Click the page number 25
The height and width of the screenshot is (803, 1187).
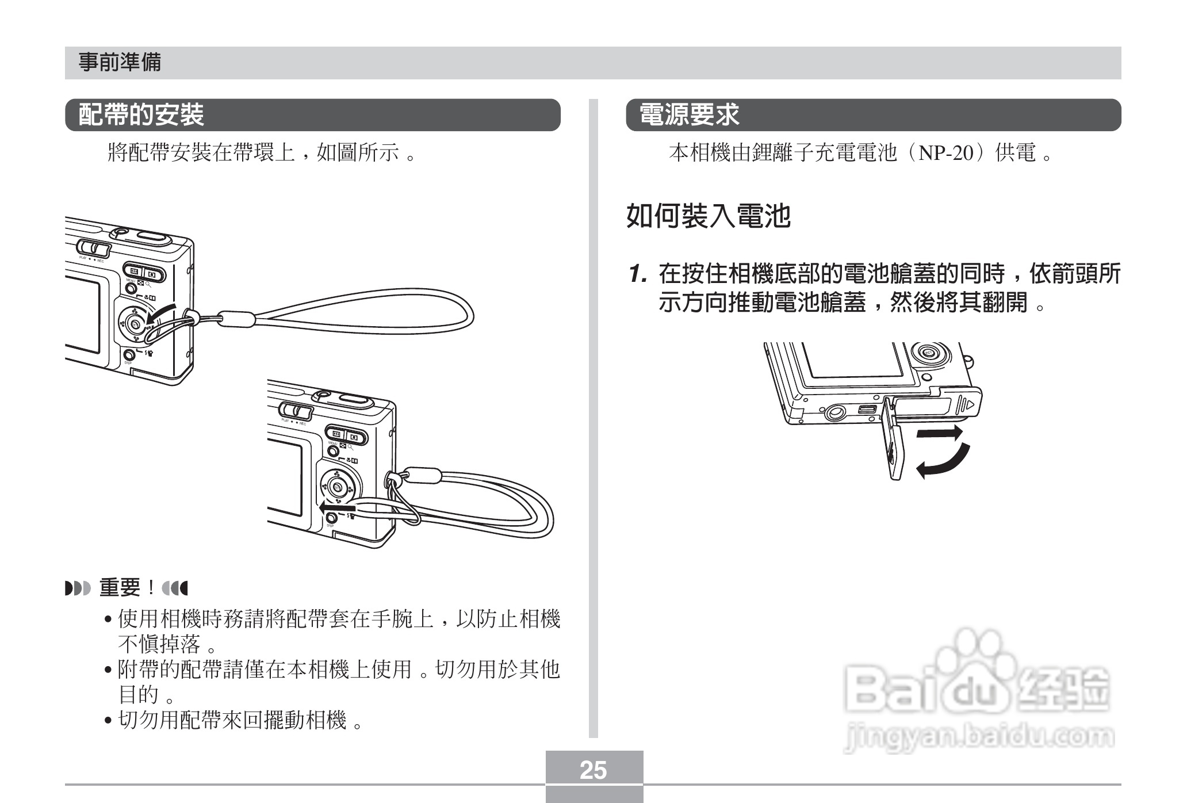click(x=593, y=770)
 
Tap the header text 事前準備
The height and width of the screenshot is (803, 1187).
click(x=120, y=62)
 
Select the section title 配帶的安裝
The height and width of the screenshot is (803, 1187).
click(x=141, y=115)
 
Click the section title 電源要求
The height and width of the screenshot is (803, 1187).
click(x=690, y=115)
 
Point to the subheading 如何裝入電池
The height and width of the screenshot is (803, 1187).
click(x=708, y=216)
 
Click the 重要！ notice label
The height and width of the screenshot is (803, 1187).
click(x=128, y=588)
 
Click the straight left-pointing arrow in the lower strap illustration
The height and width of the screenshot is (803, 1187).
click(x=338, y=508)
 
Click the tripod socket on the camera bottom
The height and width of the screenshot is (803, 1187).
click(x=836, y=412)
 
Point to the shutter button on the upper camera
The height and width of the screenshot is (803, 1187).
click(x=150, y=236)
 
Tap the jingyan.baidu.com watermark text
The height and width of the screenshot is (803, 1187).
click(x=978, y=737)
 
